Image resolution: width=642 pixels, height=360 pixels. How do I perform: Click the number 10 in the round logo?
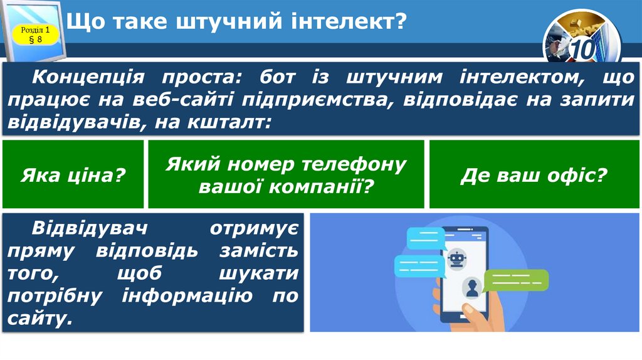(582, 50)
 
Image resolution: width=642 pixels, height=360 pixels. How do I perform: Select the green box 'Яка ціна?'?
(73, 174)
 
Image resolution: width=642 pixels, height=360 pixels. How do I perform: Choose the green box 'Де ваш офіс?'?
(534, 174)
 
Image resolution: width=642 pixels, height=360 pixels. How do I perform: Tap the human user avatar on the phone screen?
(471, 288)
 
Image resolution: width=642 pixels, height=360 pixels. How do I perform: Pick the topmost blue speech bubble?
(426, 238)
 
